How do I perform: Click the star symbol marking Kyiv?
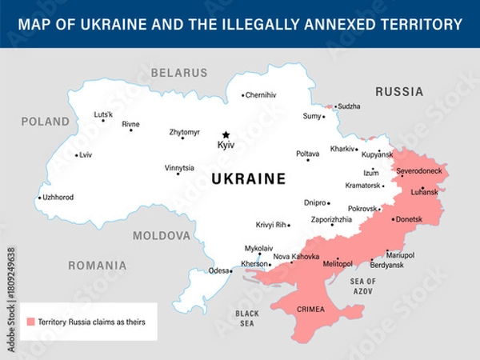click(x=226, y=134)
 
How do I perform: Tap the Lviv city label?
click(x=86, y=154)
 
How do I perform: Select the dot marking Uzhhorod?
click(x=40, y=198)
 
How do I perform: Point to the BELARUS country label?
click(x=179, y=73)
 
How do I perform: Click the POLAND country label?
click(x=45, y=122)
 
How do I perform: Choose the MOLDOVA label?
click(x=162, y=236)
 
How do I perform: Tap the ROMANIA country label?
click(x=97, y=265)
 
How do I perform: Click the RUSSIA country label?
click(x=399, y=91)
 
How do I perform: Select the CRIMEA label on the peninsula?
click(x=311, y=309)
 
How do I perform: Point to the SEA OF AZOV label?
click(x=362, y=286)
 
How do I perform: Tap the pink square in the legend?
click(x=30, y=322)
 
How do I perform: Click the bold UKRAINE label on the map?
click(x=248, y=179)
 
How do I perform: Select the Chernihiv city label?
click(x=262, y=95)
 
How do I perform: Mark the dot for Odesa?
click(x=231, y=271)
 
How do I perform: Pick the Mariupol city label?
click(x=401, y=255)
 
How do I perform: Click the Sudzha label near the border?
click(x=349, y=106)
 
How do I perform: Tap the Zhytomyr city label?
click(x=185, y=132)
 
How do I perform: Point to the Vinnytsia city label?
click(x=179, y=168)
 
